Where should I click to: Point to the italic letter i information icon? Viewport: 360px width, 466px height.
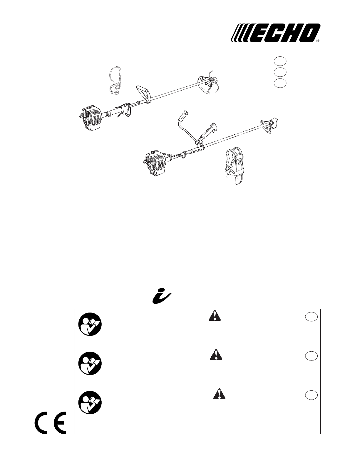click(x=162, y=298)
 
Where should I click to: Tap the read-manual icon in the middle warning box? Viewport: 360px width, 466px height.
click(x=90, y=364)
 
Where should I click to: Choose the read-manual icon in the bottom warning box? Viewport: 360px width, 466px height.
click(x=90, y=403)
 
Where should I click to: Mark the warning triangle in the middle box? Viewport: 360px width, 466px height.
click(x=216, y=355)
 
